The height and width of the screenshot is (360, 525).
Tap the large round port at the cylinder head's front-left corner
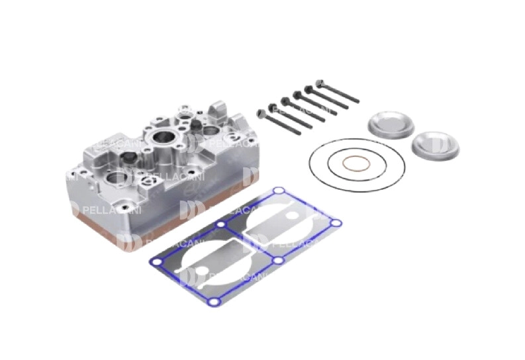tap(118, 177)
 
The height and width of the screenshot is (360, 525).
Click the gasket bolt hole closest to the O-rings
tap(279, 192)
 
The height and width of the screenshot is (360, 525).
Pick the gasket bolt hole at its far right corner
tap(336, 223)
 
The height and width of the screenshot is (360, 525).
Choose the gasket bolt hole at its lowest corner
tap(213, 302)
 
